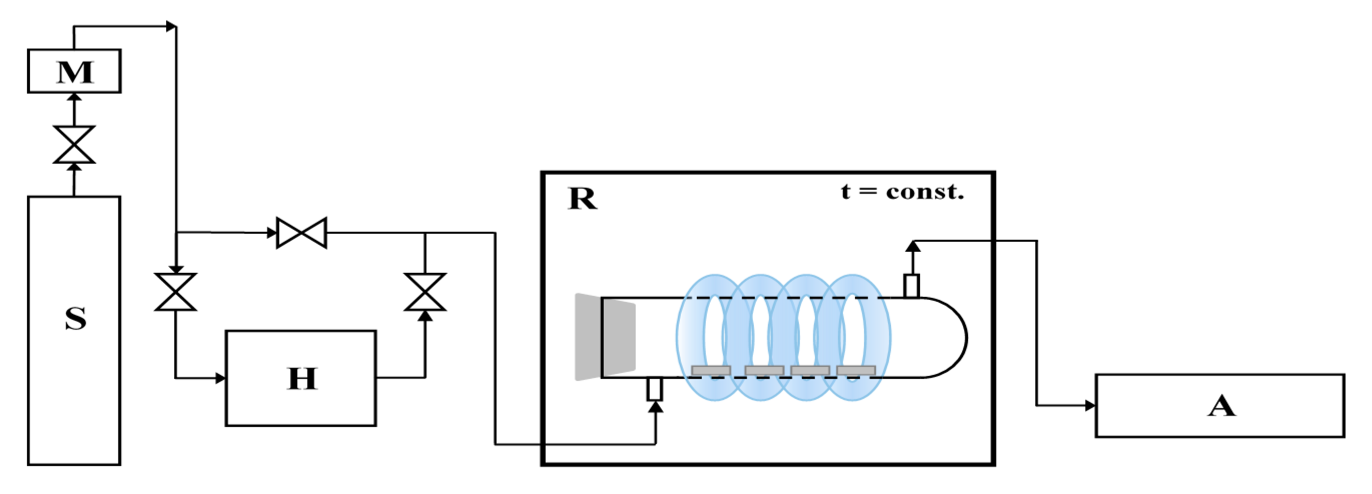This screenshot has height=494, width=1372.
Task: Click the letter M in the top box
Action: tap(75, 72)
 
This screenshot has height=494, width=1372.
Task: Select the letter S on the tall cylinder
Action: tap(76, 318)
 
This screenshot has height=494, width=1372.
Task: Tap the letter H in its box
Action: tap(302, 378)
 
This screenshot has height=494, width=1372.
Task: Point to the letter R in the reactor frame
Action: tap(582, 199)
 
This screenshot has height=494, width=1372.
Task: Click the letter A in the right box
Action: tap(1221, 406)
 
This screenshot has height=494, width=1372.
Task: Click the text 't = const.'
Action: tap(902, 192)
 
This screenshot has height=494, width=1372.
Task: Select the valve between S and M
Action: tap(74, 144)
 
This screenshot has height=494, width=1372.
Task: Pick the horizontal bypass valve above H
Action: tap(301, 233)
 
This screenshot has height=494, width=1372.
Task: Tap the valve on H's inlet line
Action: tap(175, 292)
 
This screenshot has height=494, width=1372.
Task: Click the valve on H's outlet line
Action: tap(425, 292)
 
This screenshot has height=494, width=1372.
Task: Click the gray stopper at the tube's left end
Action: tap(605, 337)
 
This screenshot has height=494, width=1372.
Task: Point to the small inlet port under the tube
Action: tap(655, 389)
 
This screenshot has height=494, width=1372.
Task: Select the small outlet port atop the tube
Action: tap(911, 286)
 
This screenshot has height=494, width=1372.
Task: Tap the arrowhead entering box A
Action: tap(1090, 405)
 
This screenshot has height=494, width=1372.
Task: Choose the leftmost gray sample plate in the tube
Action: tap(710, 370)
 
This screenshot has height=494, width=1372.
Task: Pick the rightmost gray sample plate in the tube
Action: tap(856, 370)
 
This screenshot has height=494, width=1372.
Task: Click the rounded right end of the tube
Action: tap(954, 337)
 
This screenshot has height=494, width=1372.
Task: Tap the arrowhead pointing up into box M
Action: tap(74, 97)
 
